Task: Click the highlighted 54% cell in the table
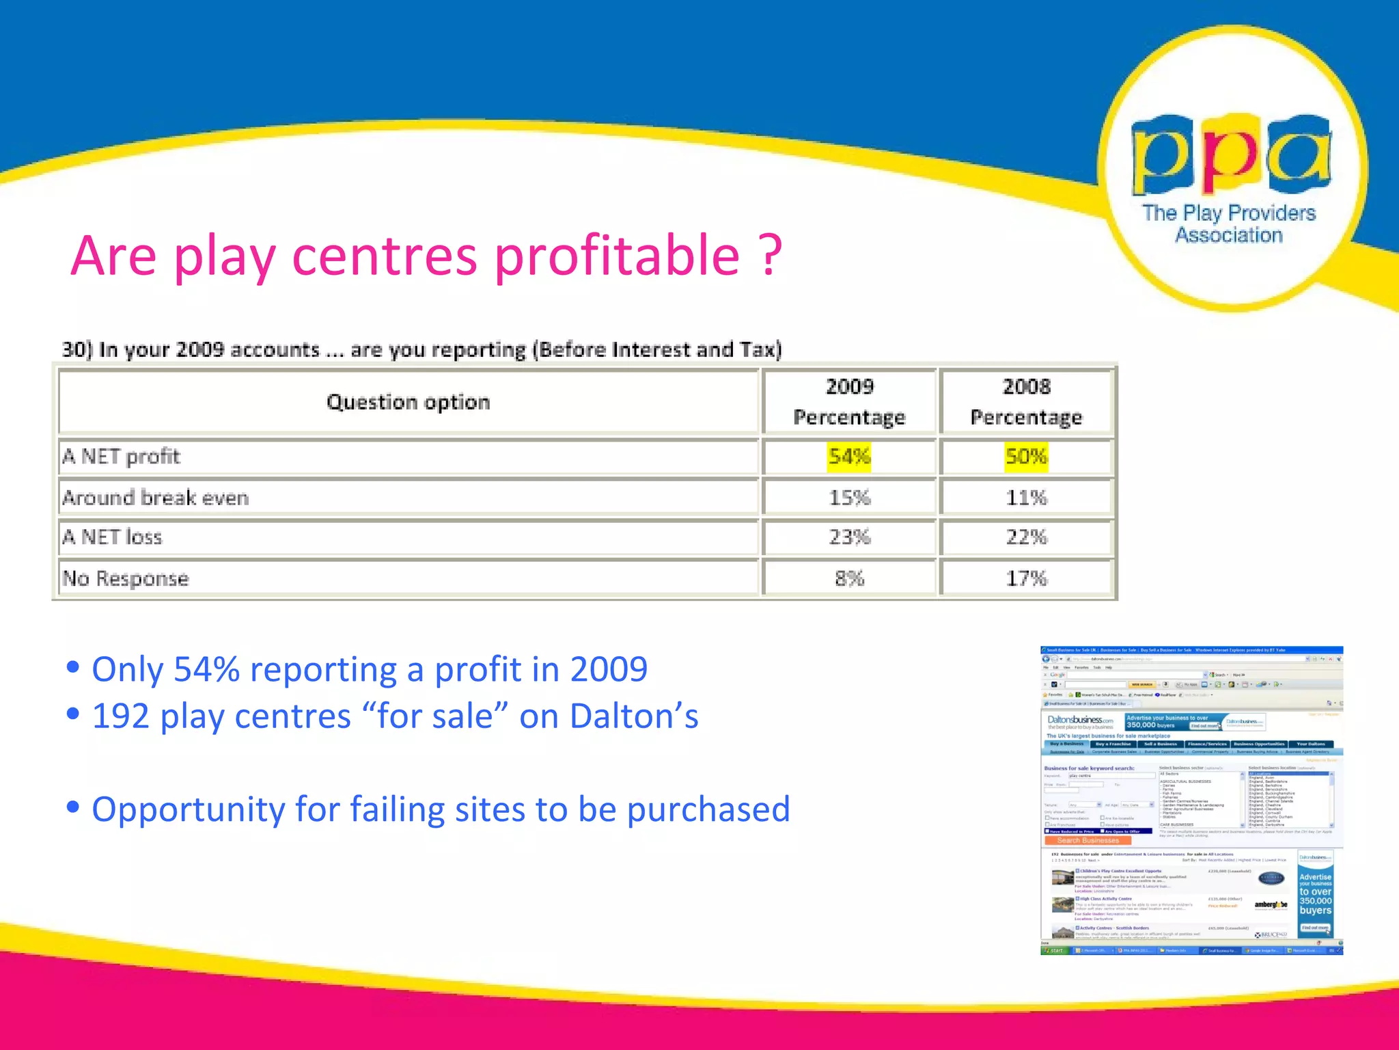click(849, 457)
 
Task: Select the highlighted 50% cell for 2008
click(1026, 457)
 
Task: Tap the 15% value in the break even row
click(849, 498)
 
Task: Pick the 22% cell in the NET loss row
click(1026, 537)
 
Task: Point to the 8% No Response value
click(849, 579)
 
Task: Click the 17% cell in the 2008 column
click(1026, 579)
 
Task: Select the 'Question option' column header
click(408, 402)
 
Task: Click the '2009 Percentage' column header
click(849, 402)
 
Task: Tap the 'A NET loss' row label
click(112, 537)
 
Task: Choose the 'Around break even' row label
click(156, 498)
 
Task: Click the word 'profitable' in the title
click(617, 256)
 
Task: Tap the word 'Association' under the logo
click(1228, 235)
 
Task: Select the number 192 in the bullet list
click(120, 716)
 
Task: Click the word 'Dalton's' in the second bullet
click(634, 716)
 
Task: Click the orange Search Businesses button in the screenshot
click(1088, 840)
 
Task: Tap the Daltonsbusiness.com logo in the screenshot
click(1080, 721)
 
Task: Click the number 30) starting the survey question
click(77, 349)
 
